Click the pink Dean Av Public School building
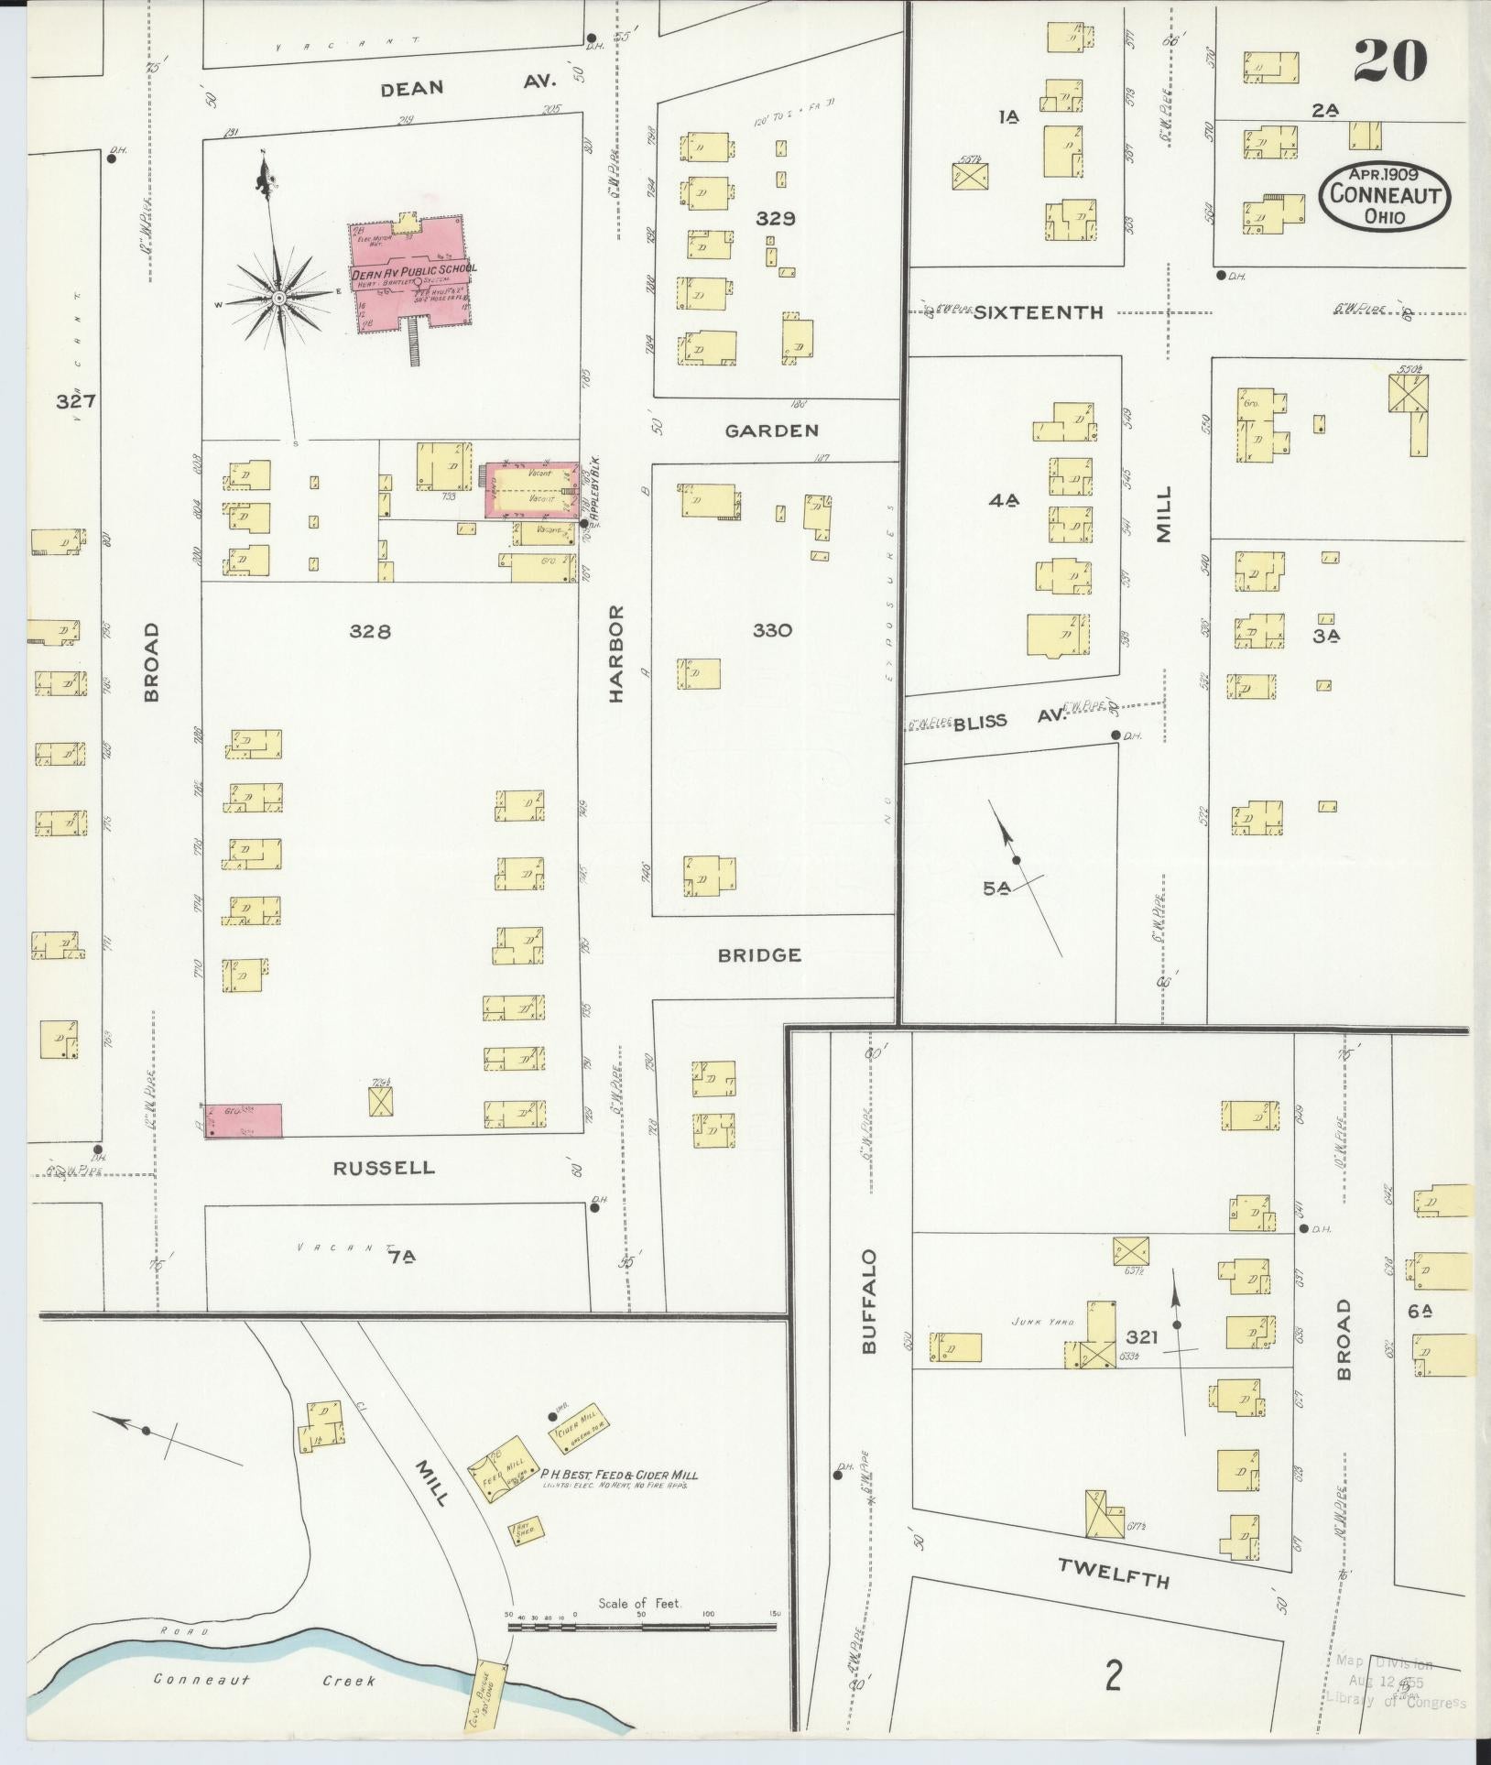tap(408, 275)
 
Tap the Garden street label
tap(772, 430)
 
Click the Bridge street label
tap(759, 955)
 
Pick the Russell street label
tap(383, 1168)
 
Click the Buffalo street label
tap(869, 1301)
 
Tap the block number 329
tap(775, 219)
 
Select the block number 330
tap(771, 630)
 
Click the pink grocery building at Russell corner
tap(243, 1119)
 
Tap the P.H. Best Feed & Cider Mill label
tap(618, 1474)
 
